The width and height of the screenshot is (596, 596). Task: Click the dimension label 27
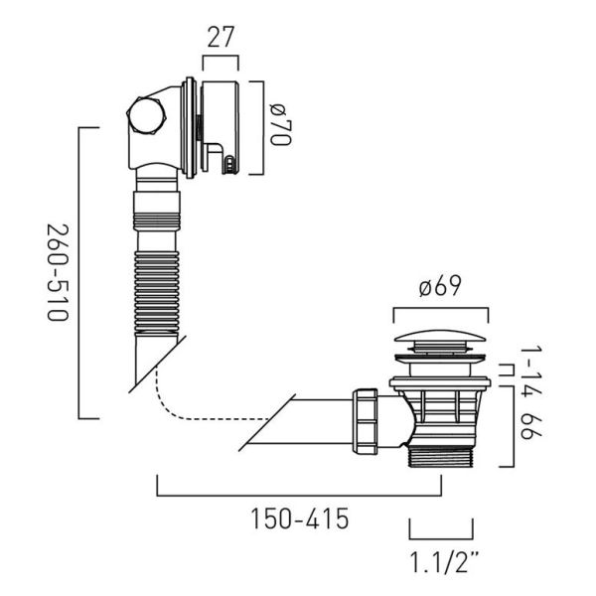pos(221,37)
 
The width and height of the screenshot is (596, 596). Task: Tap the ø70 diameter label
pos(281,124)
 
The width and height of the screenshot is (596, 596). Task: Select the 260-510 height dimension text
pos(58,273)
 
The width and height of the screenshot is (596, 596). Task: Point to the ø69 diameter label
pos(440,286)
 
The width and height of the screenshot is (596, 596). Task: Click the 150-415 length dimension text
pos(300,519)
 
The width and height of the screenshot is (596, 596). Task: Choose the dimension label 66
pos(531,427)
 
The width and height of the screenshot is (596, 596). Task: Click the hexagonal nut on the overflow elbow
pos(145,115)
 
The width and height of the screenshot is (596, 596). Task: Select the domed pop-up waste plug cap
pos(440,338)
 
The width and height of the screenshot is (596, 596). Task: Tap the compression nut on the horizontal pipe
pos(365,421)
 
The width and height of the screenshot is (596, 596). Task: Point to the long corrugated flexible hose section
pos(157,292)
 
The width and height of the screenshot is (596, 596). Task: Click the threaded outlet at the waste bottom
pos(441,457)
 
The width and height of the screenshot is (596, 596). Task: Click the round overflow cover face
pos(221,127)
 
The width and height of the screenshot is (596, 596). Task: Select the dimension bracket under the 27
pos(221,57)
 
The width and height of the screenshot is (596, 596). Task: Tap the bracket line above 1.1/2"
pos(441,537)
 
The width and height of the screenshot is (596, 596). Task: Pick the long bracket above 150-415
pos(299,496)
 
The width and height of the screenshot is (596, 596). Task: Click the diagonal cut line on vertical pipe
pos(157,365)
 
